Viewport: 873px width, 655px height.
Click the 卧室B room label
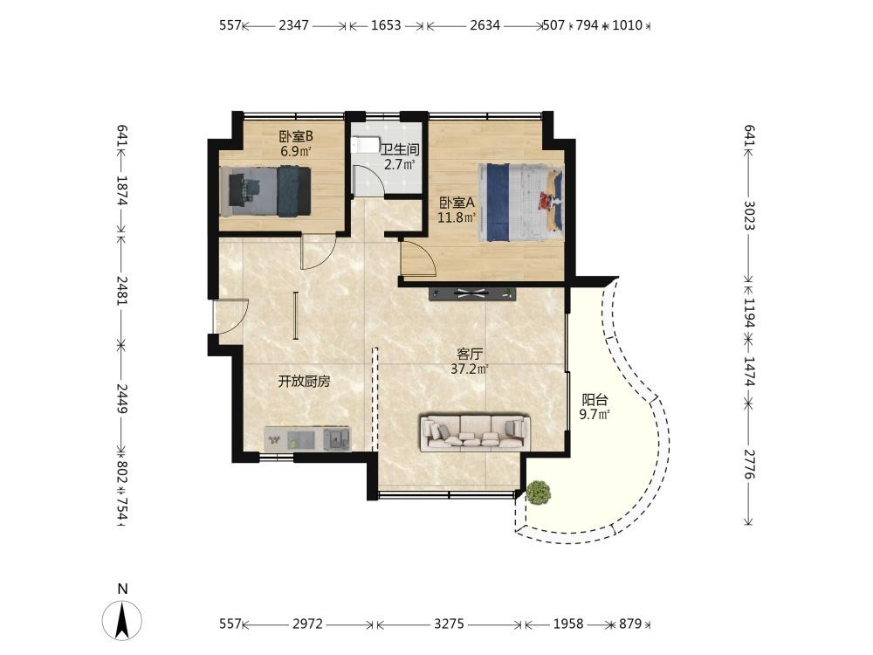click(x=296, y=136)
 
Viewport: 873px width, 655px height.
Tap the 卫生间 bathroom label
click(x=399, y=149)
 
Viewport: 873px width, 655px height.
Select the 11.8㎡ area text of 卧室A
click(x=456, y=217)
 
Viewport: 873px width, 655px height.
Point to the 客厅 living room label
click(x=470, y=354)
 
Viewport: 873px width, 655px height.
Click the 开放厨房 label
click(x=304, y=382)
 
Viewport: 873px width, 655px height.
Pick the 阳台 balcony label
click(x=595, y=400)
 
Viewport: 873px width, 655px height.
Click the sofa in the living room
click(x=476, y=431)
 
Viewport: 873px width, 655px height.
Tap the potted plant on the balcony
click(x=539, y=493)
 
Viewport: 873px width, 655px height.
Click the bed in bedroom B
click(x=265, y=191)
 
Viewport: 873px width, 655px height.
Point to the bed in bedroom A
click(x=521, y=203)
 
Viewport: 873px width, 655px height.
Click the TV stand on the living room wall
click(x=472, y=293)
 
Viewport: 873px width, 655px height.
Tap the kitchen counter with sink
click(x=308, y=438)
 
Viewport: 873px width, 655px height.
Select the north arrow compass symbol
click(x=122, y=620)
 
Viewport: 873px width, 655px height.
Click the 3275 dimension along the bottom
click(x=449, y=624)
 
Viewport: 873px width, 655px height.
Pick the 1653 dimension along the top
click(x=386, y=25)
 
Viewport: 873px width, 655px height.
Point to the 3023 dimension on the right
click(x=749, y=215)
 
